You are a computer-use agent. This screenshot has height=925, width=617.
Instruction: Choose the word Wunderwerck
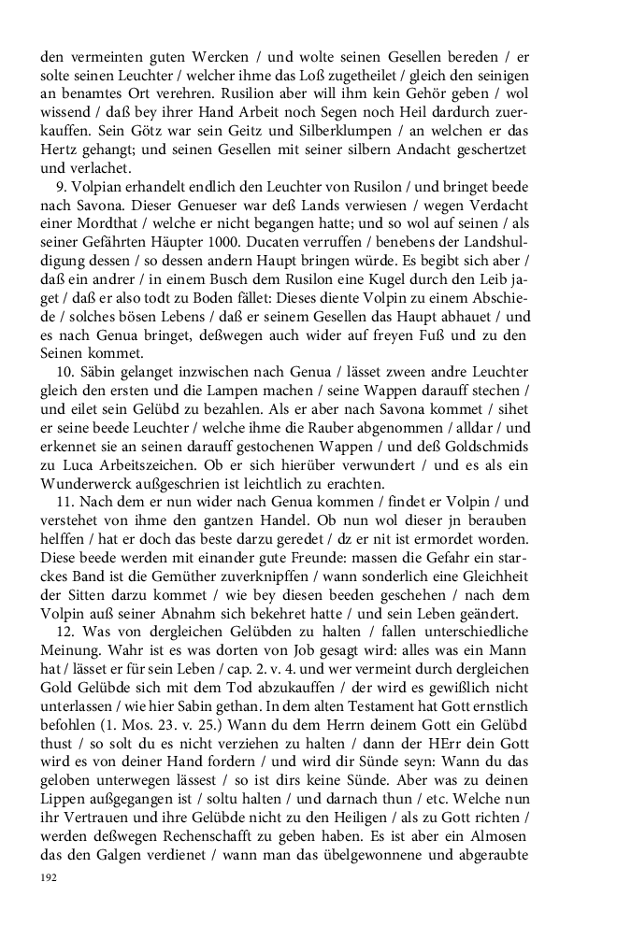tap(94, 482)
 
